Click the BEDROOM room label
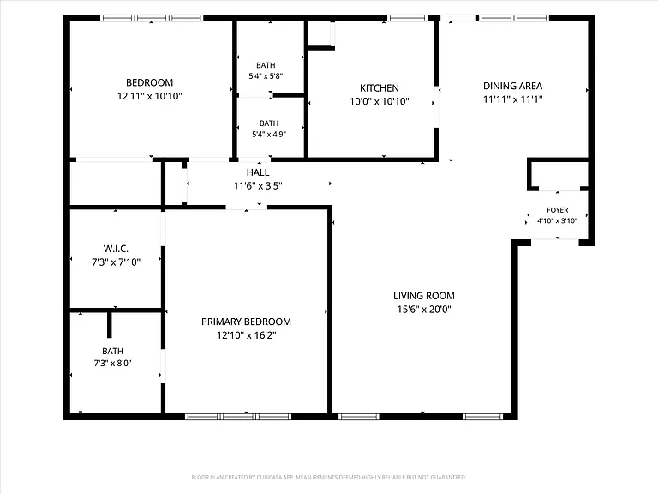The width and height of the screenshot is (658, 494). point(149,82)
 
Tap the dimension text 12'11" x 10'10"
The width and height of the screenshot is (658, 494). point(149,96)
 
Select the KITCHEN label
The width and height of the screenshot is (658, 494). point(380,87)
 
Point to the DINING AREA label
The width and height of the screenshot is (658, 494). point(513,86)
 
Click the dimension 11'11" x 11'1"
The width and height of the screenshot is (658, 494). point(513,99)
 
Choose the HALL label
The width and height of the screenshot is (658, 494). point(258,172)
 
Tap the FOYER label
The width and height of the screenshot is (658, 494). point(558,210)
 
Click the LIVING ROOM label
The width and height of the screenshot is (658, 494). point(424,296)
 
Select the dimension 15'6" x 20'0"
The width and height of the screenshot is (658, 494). point(424,309)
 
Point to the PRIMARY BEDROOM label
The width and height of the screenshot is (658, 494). point(247,322)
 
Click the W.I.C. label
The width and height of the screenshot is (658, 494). point(116,249)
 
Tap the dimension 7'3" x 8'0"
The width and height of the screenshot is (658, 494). point(112,363)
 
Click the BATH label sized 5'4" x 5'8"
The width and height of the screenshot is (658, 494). point(266,65)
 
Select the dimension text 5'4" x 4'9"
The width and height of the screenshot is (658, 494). point(269,134)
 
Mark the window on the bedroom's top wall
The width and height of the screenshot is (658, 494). point(152,18)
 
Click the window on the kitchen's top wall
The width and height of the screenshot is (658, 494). point(407,18)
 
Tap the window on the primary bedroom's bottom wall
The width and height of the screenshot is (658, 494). point(238,417)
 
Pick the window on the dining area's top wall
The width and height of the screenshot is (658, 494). point(514,18)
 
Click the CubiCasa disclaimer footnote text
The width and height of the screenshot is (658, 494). point(329,477)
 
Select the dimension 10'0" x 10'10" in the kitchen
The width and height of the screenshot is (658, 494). point(380,101)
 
